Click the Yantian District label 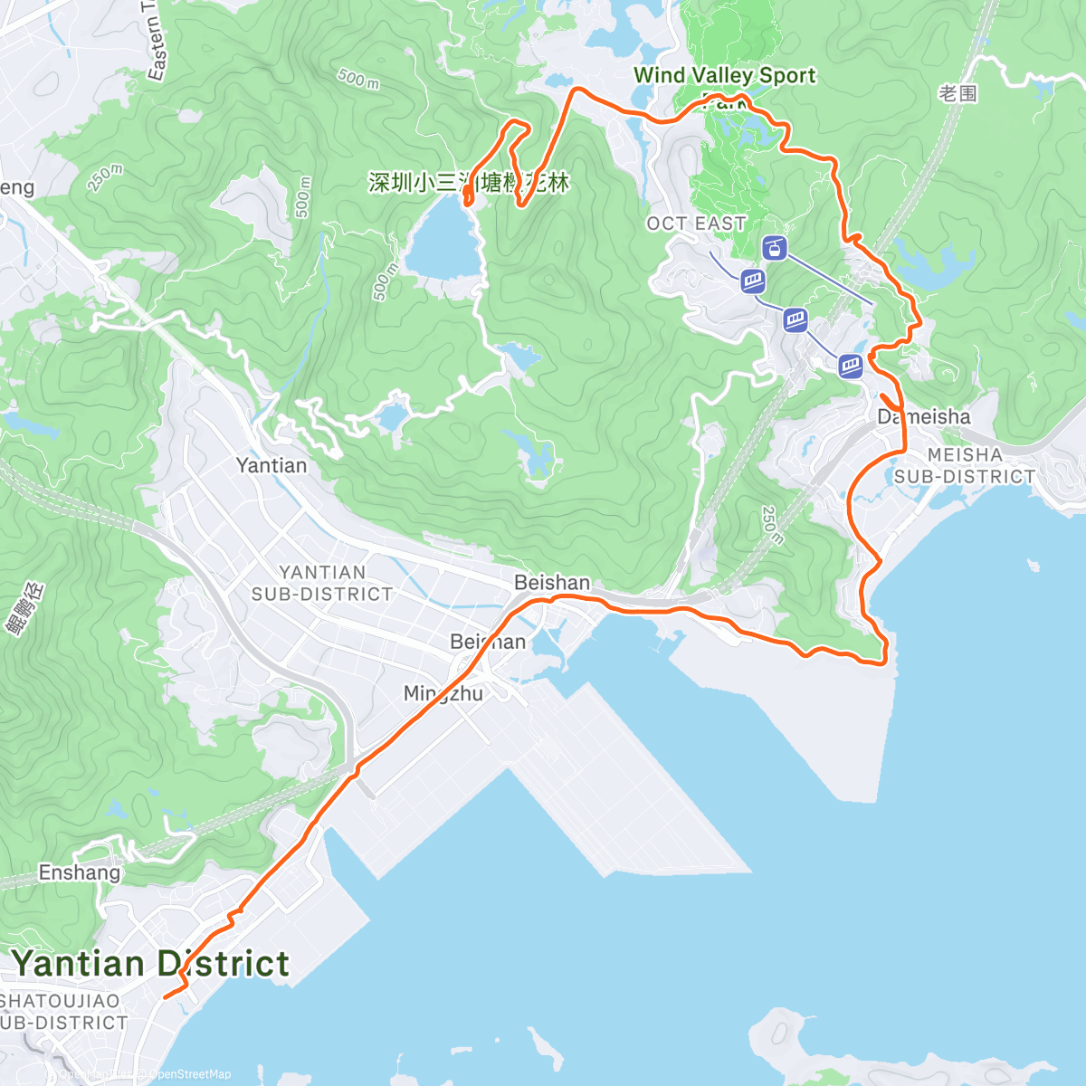150,964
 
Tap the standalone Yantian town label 271,465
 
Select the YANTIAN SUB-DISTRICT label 322,583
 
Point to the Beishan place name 552,583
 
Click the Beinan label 488,642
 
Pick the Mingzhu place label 443,693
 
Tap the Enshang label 80,872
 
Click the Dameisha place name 924,416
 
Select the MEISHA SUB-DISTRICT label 965,465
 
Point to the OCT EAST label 696,223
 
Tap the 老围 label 958,93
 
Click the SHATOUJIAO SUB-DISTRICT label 63,1012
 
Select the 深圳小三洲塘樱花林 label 469,183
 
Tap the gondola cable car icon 774,246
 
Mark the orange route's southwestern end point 165,997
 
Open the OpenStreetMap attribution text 190,1074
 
